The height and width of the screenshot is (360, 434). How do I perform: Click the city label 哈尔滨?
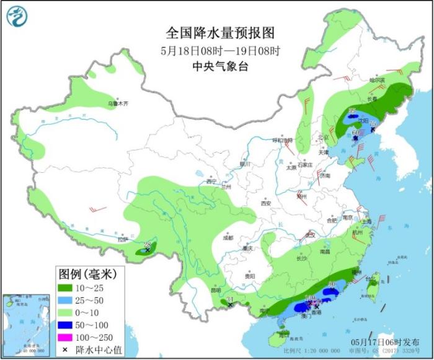tap(377, 80)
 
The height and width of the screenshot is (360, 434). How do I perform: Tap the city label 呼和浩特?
tap(285, 141)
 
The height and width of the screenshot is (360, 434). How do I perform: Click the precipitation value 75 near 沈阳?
tap(373, 125)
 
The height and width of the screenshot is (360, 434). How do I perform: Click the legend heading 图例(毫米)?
tap(82, 273)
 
